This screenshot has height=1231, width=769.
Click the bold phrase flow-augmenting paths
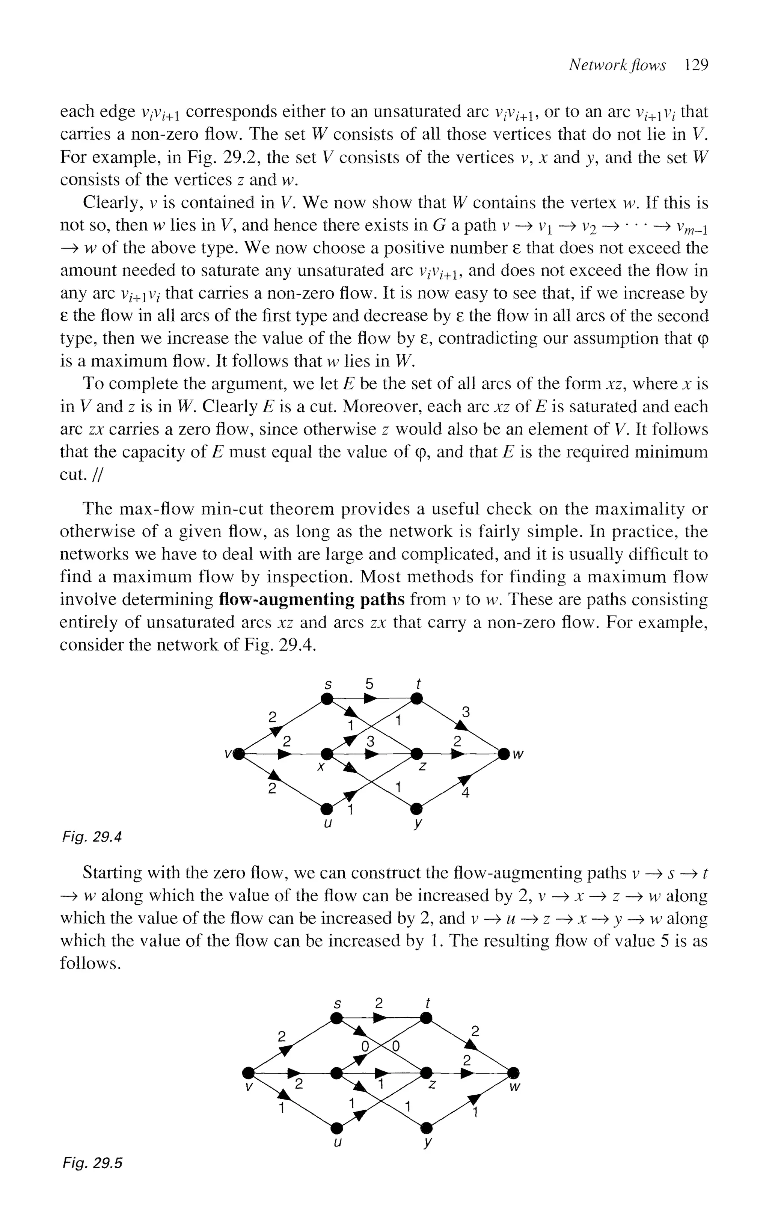click(311, 600)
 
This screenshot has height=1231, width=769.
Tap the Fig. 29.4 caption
click(92, 836)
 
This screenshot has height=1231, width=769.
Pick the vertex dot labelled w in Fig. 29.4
click(504, 753)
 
